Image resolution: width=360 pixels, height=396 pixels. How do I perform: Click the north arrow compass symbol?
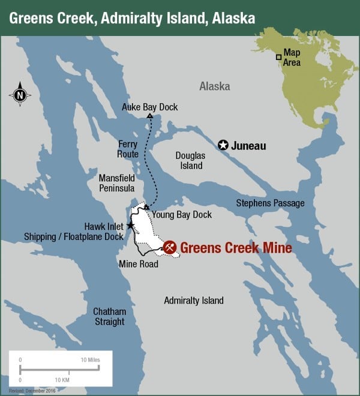pos(20,94)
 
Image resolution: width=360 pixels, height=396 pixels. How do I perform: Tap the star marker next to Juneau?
pos(223,145)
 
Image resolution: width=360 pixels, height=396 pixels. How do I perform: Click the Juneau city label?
pos(249,146)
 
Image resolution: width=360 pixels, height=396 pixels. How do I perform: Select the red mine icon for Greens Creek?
pos(170,247)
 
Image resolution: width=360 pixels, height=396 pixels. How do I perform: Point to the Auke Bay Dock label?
pos(150,107)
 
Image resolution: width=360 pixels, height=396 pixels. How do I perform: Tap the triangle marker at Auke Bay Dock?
pos(149,116)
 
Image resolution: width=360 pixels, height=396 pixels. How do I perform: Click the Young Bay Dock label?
pos(182,214)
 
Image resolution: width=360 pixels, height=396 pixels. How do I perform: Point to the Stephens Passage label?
pos(270,203)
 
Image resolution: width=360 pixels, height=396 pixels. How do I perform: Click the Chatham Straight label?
pos(109,316)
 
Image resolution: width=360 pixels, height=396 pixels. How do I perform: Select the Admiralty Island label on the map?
pos(194,301)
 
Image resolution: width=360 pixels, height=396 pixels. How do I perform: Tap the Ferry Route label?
pos(128,149)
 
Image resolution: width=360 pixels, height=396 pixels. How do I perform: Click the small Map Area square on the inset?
pos(279,57)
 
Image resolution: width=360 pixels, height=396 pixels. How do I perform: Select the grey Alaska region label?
pos(214,86)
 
